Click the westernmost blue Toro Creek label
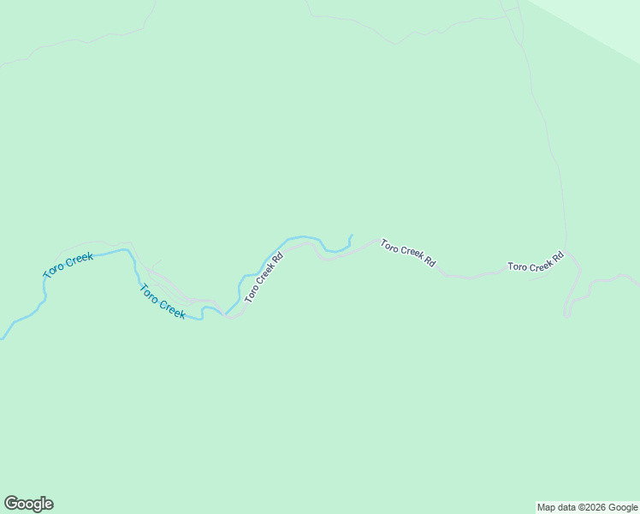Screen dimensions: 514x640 coord(68,265)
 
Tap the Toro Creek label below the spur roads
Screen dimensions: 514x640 coord(163,302)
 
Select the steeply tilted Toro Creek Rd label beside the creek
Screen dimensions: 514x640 coord(264,278)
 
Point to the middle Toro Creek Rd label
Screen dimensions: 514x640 coord(408,253)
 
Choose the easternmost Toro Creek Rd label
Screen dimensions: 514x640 coord(536,262)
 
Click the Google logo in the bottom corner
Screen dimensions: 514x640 coord(28,504)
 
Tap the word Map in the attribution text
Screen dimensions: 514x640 coord(547,507)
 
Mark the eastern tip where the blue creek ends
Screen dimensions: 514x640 coord(351,235)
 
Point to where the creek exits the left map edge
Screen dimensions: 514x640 coord(2,338)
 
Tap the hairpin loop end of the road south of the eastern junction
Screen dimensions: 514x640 coord(566,315)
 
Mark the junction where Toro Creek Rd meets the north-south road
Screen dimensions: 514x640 coord(566,251)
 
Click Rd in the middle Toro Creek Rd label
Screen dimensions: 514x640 coord(430,262)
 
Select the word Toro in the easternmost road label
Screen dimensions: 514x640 coord(516,267)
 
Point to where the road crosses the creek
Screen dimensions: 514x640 coord(226,314)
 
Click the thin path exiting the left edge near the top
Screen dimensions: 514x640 coord(3,64)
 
